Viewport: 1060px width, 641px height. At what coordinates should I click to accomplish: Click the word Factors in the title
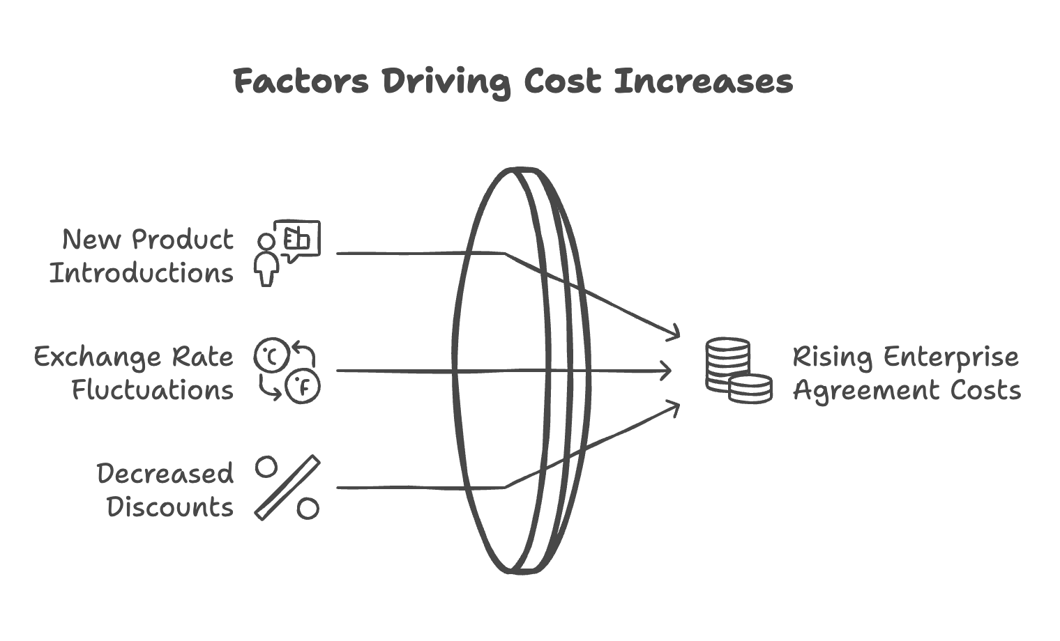[301, 81]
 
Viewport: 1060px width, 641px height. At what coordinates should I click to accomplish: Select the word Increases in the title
[704, 81]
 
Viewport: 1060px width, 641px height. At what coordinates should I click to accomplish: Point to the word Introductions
[142, 273]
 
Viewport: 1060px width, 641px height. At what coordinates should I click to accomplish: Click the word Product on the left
[183, 240]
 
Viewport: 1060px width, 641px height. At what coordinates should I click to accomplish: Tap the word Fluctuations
[153, 390]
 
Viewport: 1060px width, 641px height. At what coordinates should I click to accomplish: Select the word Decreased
[165, 474]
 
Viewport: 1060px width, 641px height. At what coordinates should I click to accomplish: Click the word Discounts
[170, 507]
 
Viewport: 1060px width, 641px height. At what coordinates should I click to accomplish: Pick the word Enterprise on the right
[951, 357]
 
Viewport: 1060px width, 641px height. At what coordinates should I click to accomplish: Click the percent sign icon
[287, 488]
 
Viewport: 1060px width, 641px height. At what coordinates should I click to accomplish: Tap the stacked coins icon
[738, 371]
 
